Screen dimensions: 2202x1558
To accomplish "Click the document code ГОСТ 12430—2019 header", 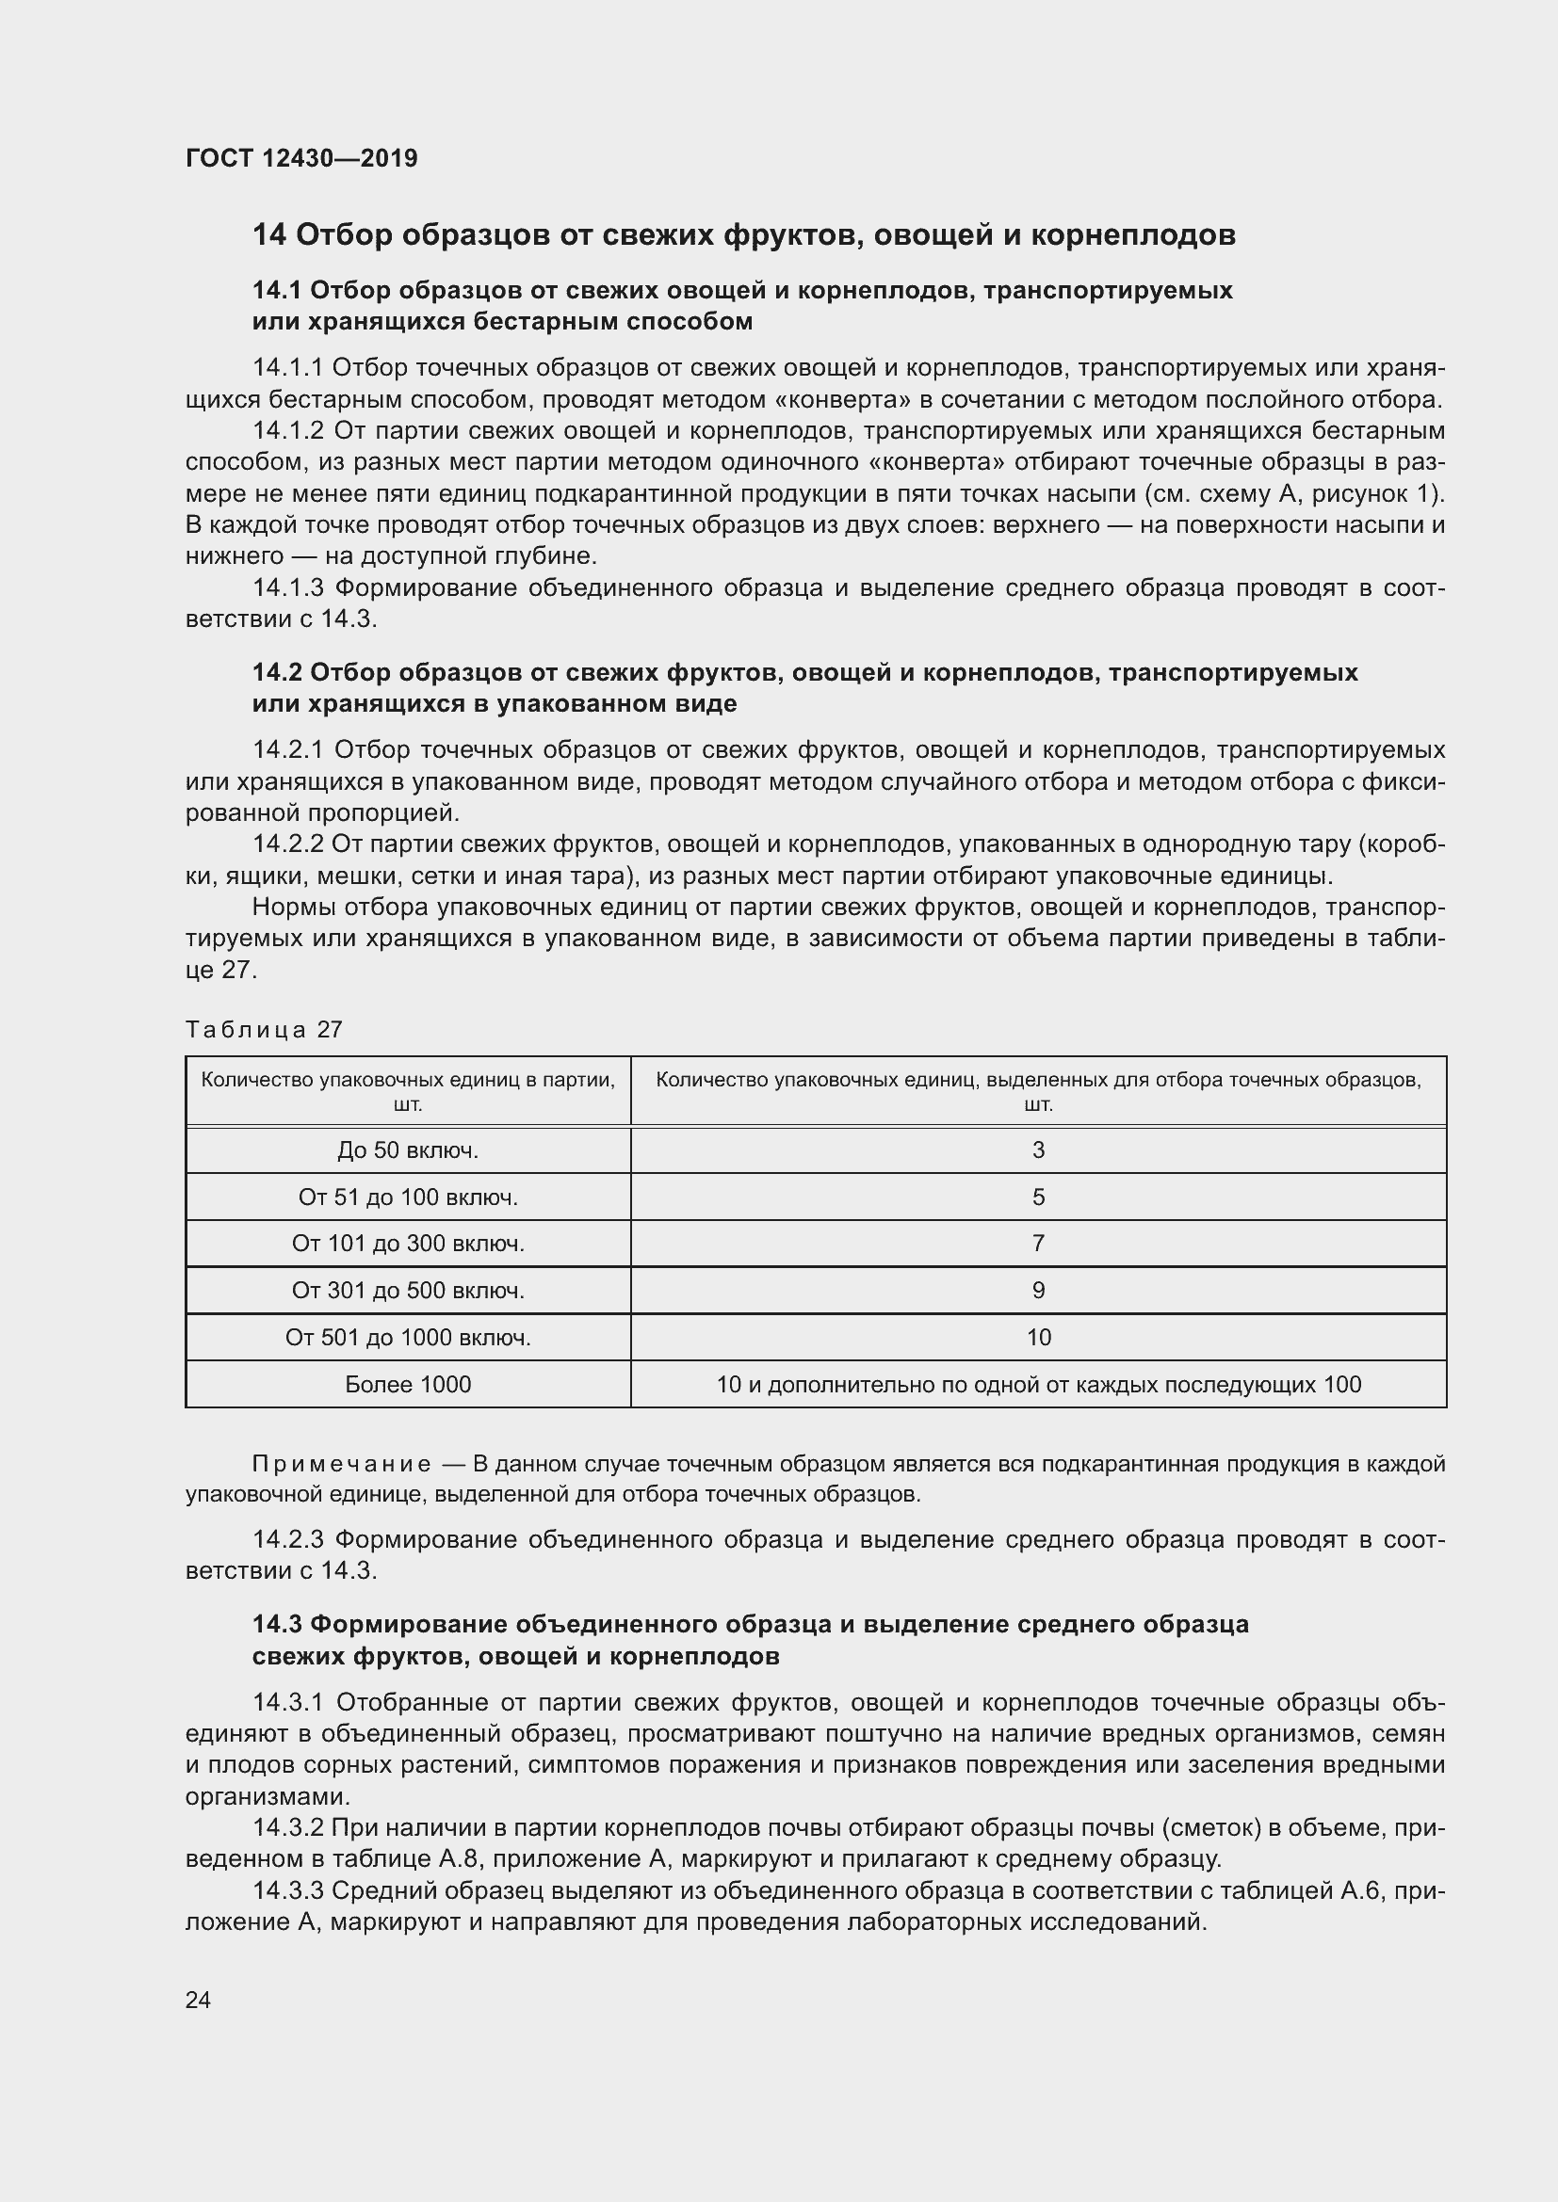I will pyautogui.click(x=301, y=158).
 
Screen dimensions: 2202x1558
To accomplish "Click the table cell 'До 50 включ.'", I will pyautogui.click(x=408, y=1149).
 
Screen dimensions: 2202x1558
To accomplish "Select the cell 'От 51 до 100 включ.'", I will pyautogui.click(x=408, y=1197).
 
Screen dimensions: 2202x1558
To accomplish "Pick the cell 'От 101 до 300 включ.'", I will pyautogui.click(x=408, y=1243).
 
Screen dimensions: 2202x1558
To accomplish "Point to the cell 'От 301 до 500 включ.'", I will pyautogui.click(x=408, y=1290).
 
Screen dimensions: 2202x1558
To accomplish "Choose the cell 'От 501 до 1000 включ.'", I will pyautogui.click(x=408, y=1337).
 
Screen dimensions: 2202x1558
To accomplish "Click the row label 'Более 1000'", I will pyautogui.click(x=408, y=1384).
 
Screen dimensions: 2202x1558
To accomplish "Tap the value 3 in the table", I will pyautogui.click(x=1038, y=1149).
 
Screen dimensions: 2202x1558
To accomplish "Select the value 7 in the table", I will pyautogui.click(x=1038, y=1243).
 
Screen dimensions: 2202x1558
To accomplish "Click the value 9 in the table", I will pyautogui.click(x=1038, y=1290).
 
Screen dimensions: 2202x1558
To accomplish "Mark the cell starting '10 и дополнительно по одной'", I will pyautogui.click(x=1038, y=1384).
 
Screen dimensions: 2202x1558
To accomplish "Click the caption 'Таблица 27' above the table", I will pyautogui.click(x=264, y=1030).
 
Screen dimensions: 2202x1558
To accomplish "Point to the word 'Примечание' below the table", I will pyautogui.click(x=342, y=1464).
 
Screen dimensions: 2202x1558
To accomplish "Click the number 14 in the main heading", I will pyautogui.click(x=268, y=235).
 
